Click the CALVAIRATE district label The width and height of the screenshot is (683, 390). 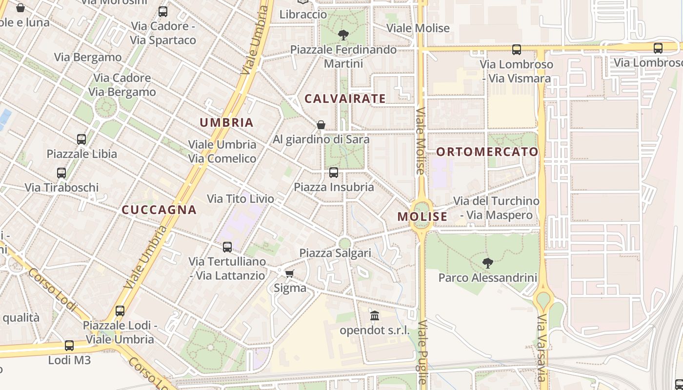click(345, 98)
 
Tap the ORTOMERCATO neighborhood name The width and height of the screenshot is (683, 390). click(487, 152)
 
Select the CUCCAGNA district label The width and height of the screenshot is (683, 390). click(159, 210)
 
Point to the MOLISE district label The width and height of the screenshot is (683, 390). click(422, 216)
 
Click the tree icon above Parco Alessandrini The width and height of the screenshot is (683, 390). click(487, 263)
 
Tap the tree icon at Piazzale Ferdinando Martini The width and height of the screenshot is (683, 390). click(343, 35)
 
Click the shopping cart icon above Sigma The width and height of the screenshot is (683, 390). click(290, 273)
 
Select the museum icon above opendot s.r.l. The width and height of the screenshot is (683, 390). click(375, 316)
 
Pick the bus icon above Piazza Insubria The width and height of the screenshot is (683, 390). click(334, 172)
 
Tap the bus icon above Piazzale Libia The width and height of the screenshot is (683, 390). click(81, 139)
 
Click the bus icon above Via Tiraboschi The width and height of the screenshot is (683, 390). click(61, 173)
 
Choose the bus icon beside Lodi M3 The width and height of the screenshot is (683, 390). click(69, 346)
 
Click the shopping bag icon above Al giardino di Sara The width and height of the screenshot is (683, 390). click(321, 125)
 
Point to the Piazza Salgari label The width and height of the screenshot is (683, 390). click(335, 253)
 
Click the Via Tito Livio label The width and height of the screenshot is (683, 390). click(241, 199)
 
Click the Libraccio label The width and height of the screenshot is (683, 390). click(303, 15)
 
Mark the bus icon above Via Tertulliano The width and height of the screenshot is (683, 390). click(227, 247)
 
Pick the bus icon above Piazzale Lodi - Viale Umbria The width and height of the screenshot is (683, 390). click(120, 311)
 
